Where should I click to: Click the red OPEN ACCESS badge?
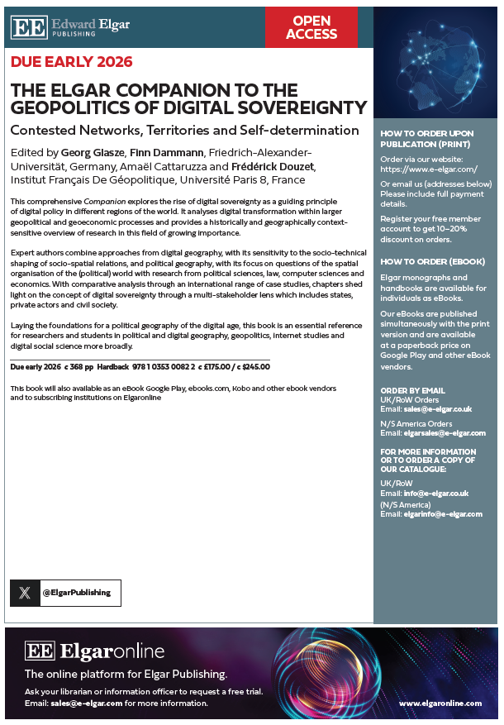(311, 27)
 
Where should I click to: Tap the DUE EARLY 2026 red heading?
(71, 62)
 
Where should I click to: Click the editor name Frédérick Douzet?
(273, 166)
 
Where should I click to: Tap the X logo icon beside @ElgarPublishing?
(25, 593)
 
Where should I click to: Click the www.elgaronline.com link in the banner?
(440, 704)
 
